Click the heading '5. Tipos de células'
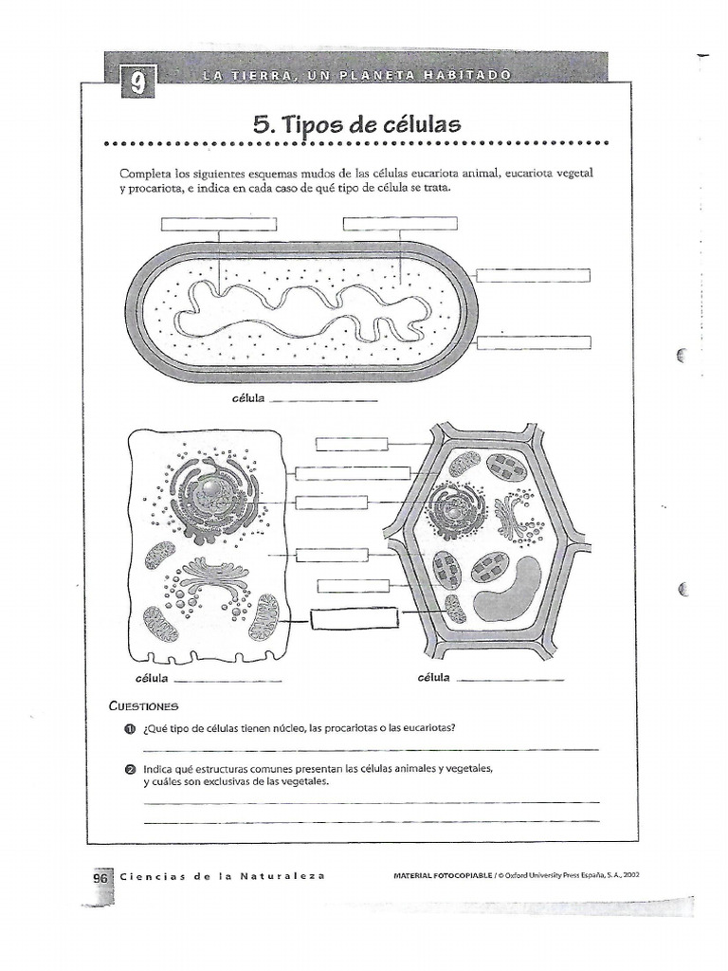pos(356,123)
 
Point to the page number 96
pos(101,877)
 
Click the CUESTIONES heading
pos(143,706)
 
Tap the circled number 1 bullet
pos(131,728)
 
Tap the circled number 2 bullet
pos(131,768)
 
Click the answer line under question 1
pos(370,749)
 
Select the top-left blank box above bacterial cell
pos(218,224)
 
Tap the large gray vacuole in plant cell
pos(508,589)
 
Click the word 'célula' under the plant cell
pos(433,678)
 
